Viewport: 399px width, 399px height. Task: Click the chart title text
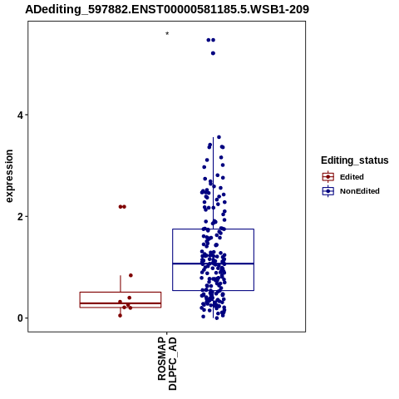click(167, 9)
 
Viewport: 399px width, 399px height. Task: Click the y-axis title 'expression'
click(9, 176)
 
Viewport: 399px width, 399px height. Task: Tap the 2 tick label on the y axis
click(20, 217)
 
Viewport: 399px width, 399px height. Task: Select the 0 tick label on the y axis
click(20, 318)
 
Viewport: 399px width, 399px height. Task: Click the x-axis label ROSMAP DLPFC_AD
click(167, 363)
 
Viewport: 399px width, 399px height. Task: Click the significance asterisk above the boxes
click(167, 34)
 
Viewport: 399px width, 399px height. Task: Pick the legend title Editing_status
click(355, 160)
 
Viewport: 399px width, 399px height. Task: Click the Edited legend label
click(352, 177)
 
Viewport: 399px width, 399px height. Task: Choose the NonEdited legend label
click(360, 191)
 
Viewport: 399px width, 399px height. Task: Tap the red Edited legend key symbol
click(328, 177)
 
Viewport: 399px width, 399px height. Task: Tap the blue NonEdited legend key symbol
click(328, 191)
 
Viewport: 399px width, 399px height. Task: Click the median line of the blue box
click(213, 264)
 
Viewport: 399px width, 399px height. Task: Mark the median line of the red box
click(121, 303)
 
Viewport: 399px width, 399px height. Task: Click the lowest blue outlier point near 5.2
click(213, 53)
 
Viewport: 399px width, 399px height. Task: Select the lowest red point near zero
click(120, 315)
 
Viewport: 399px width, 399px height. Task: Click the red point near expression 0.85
click(131, 275)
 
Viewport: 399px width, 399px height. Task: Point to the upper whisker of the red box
click(121, 283)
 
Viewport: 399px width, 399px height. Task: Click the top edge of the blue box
click(213, 229)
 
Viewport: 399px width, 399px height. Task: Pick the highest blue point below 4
click(219, 137)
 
